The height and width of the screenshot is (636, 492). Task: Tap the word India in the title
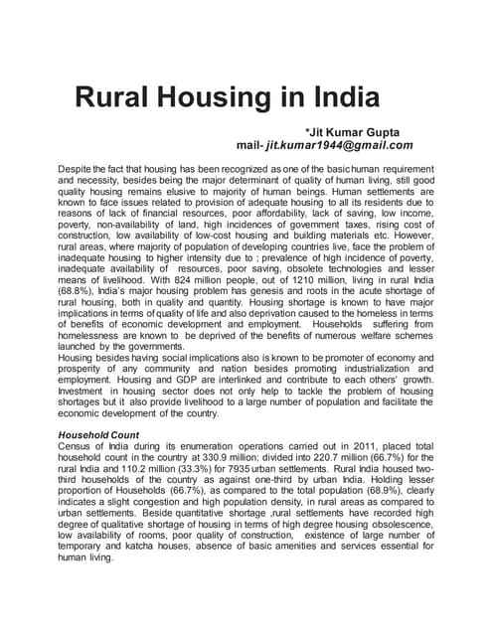[x=336, y=99]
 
